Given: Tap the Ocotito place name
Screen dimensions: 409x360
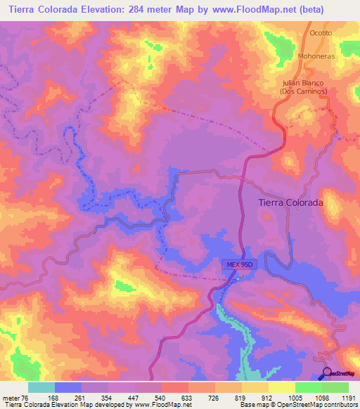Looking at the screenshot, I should point(321,33).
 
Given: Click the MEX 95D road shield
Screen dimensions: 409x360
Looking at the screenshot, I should point(238,264).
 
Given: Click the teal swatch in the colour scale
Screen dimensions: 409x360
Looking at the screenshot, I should point(41,387).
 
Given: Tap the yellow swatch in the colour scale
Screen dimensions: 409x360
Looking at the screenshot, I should point(281,387).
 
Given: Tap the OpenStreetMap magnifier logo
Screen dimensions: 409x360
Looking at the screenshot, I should point(326,372).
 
